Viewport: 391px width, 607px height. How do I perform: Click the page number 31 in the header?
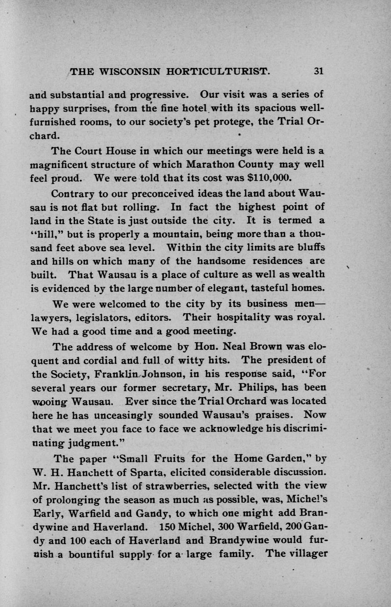coord(319,71)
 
